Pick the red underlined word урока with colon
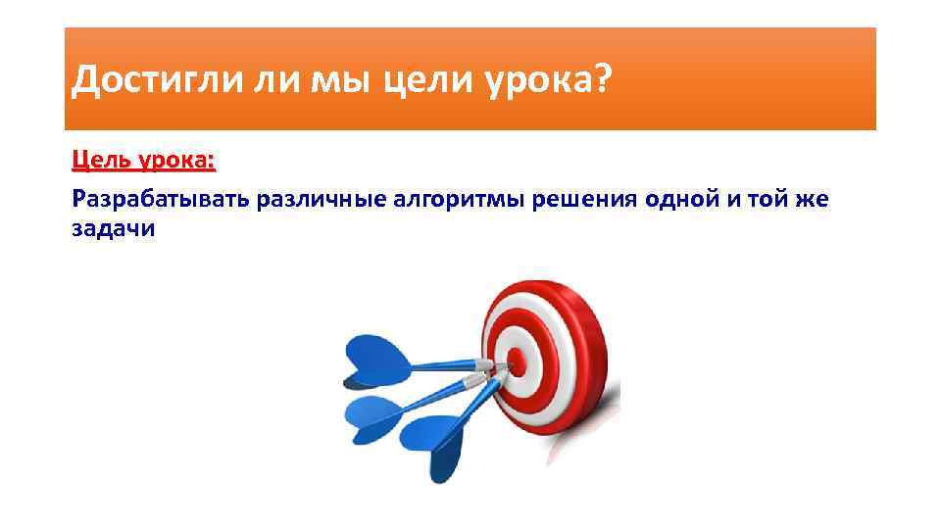coord(180,160)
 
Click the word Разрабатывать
coord(160,201)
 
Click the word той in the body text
coord(774,201)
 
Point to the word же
coord(815,201)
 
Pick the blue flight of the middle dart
coord(371,411)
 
